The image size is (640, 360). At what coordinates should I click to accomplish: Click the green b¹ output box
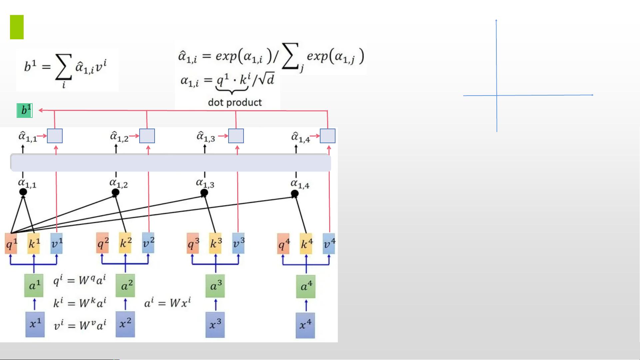[x=25, y=111]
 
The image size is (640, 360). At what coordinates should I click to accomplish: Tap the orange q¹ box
[x=11, y=243]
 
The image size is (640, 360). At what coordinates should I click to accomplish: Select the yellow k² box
[x=125, y=243]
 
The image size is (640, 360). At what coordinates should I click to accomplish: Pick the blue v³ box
[x=238, y=243]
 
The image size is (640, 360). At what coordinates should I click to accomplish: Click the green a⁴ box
[x=306, y=286]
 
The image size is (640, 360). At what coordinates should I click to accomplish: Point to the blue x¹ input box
[x=35, y=324]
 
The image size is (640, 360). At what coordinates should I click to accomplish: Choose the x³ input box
[x=215, y=324]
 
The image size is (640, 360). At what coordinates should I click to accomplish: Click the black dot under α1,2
[x=115, y=192]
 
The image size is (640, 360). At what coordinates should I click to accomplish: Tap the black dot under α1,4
[x=295, y=193]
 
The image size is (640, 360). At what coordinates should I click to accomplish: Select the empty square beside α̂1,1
[x=55, y=136]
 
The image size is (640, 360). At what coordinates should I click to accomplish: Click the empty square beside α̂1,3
[x=236, y=136]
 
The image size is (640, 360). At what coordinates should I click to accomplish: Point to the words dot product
[x=235, y=102]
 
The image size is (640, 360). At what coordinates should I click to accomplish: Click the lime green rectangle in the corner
[x=17, y=27]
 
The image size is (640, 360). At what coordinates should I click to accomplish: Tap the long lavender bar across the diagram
[x=171, y=163]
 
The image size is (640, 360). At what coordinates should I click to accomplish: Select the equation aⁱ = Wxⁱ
[x=168, y=303]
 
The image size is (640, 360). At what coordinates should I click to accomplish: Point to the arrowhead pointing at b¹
[x=40, y=110]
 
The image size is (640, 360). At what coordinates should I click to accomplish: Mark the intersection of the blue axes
[x=497, y=95]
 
